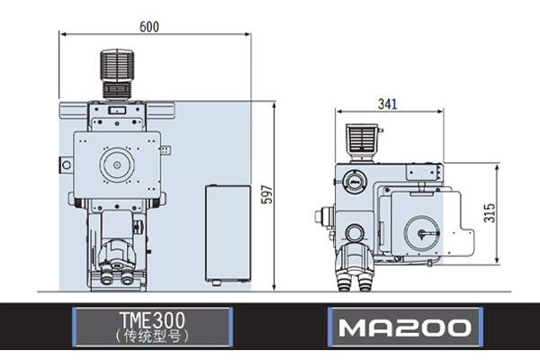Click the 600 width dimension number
[x=149, y=26]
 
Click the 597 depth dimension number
[x=266, y=194]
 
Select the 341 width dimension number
[x=387, y=103]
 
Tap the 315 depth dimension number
[x=490, y=213]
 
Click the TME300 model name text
[x=152, y=319]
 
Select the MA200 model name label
[x=405, y=327]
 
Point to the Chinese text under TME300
[x=152, y=336]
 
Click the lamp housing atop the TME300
[x=117, y=74]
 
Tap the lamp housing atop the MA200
[x=363, y=143]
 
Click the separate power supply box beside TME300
[x=228, y=234]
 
